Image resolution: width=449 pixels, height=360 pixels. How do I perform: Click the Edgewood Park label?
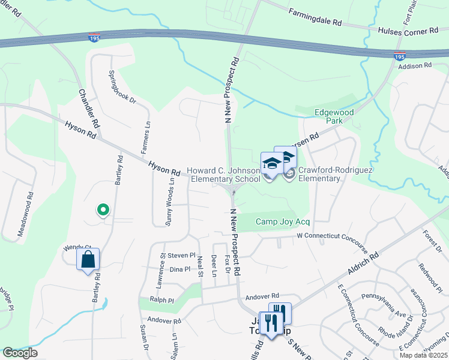coord(334,116)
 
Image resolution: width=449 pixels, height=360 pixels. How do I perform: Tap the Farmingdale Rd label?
coord(315,17)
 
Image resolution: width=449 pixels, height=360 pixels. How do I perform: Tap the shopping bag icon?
coord(88,260)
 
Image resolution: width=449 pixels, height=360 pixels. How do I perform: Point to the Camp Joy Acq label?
coord(282,221)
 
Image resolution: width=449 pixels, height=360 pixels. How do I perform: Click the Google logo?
coord(20,353)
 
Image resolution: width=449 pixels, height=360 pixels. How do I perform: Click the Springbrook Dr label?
coord(122,87)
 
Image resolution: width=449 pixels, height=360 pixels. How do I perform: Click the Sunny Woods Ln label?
coord(171,202)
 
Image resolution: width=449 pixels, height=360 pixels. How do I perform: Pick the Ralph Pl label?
coord(161,300)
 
